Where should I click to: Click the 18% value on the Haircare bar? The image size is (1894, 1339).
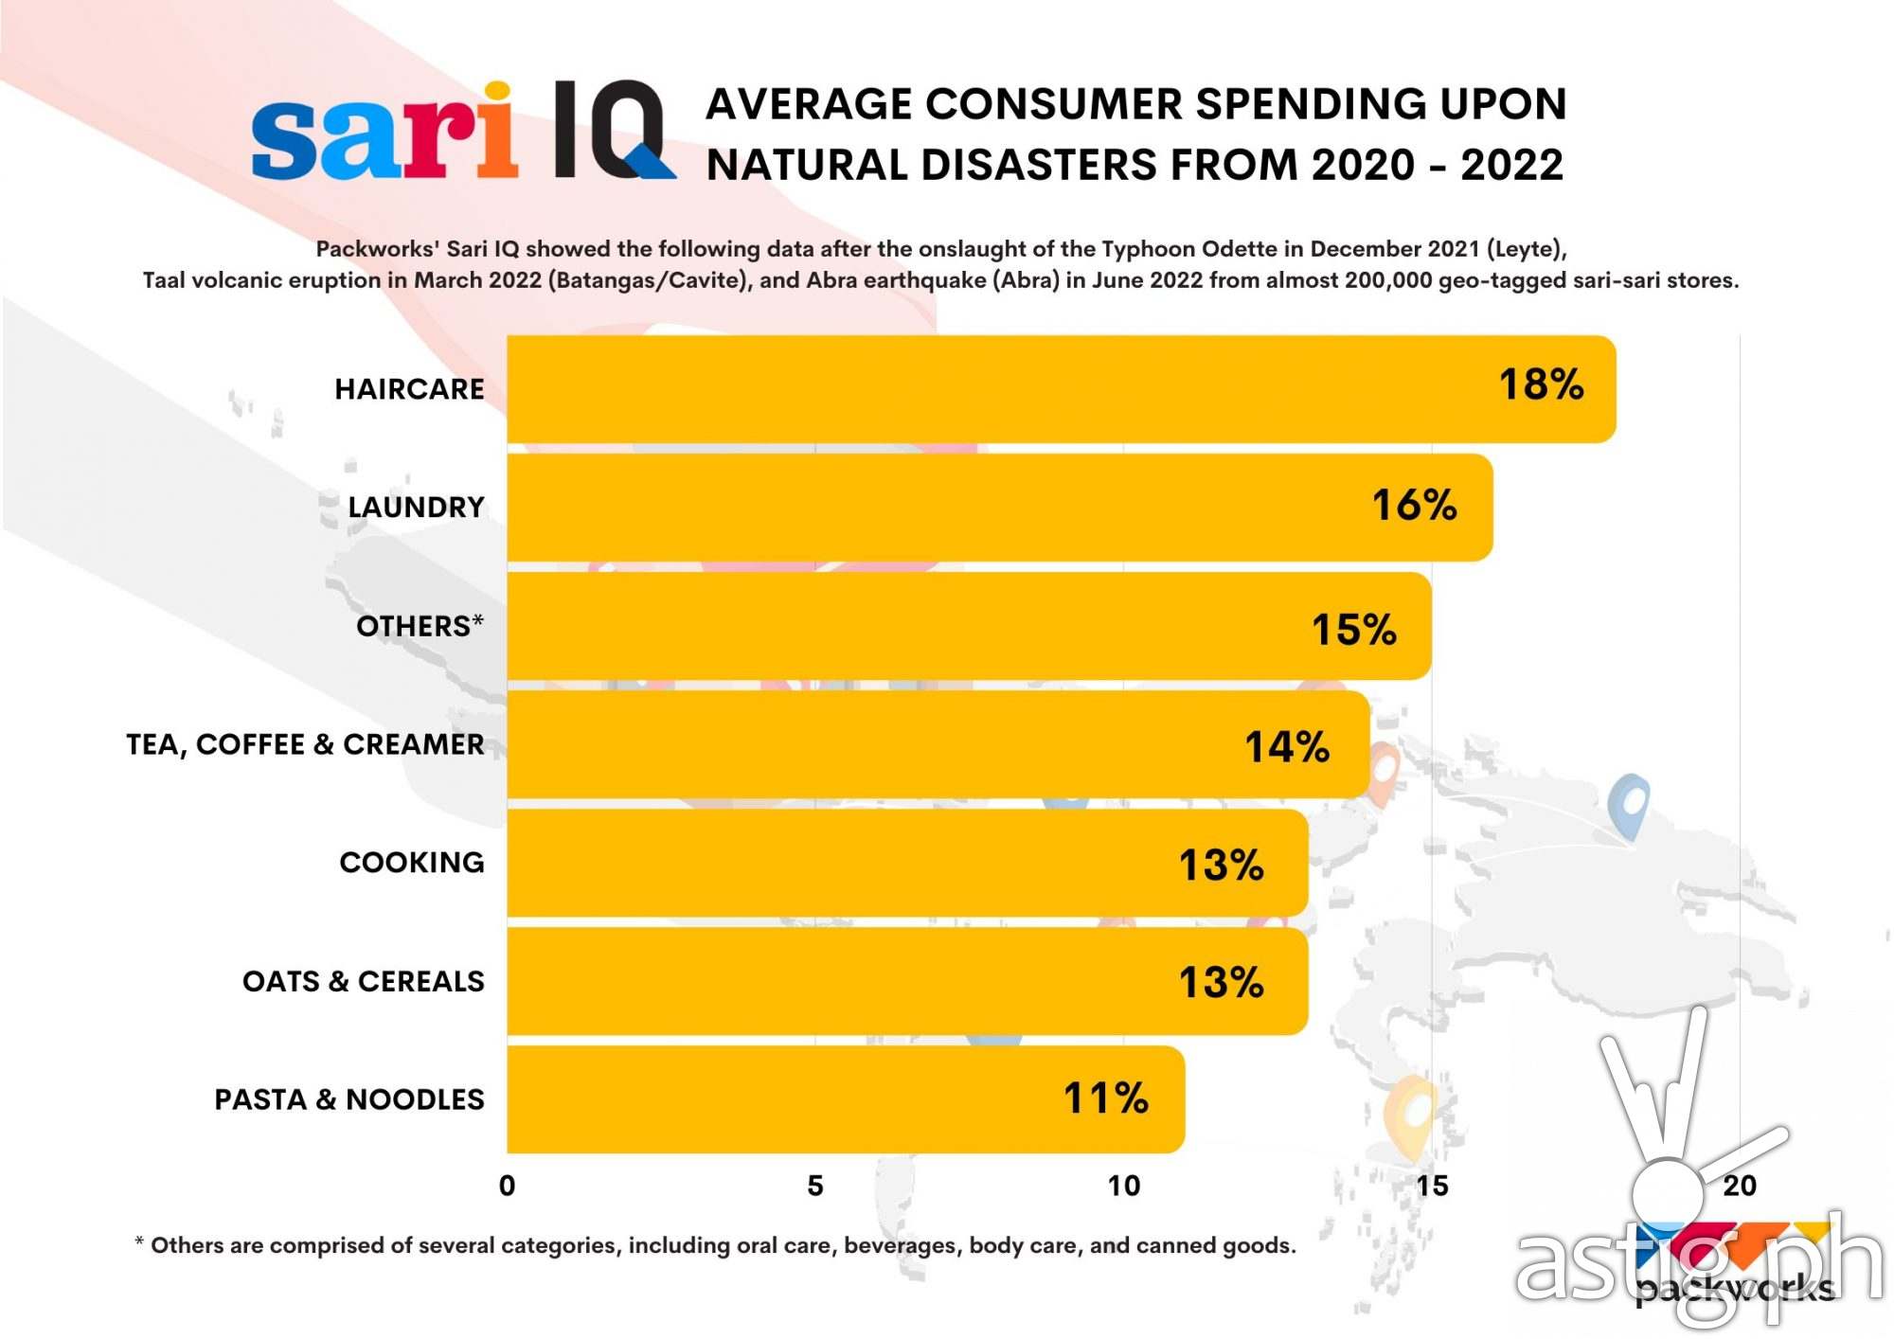point(1541,384)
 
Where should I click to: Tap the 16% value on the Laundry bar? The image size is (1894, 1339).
point(1414,505)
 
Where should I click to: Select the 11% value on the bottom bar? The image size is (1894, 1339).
point(1105,1098)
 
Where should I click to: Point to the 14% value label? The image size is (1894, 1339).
point(1286,746)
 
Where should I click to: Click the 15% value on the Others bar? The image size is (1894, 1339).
point(1353,630)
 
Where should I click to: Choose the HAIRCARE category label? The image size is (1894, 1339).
point(409,389)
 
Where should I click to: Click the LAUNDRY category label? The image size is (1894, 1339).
point(416,508)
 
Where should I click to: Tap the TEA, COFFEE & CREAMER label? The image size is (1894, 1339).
point(305,744)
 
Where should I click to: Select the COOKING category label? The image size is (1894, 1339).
point(412,863)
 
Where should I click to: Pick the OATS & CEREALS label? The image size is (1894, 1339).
point(363,981)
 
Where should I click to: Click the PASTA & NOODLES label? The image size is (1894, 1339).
point(348,1099)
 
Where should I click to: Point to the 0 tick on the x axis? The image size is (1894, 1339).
point(508,1186)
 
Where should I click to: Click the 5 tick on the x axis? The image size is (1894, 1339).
point(815,1186)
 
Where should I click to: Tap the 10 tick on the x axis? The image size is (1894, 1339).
point(1124,1186)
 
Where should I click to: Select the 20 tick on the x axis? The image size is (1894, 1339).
point(1740,1186)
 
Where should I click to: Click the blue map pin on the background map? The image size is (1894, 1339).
point(1629,805)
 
